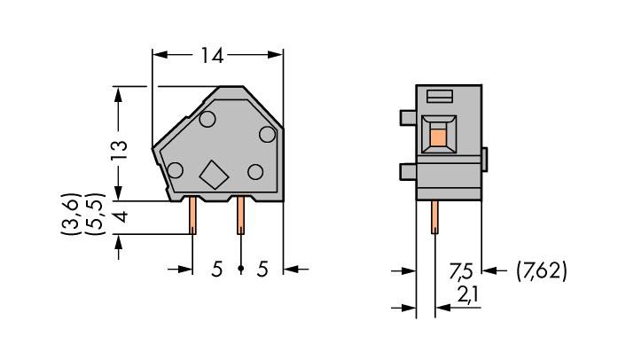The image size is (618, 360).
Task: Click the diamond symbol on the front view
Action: (213, 175)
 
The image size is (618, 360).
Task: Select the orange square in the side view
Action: (437, 136)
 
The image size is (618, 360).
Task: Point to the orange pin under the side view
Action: (434, 215)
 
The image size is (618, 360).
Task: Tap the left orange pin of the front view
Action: (192, 215)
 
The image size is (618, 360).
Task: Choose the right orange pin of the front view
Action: (239, 215)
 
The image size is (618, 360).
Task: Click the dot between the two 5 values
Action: (239, 269)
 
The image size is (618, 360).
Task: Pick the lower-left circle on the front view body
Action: (175, 171)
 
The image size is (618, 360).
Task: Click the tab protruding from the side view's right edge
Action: (485, 159)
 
